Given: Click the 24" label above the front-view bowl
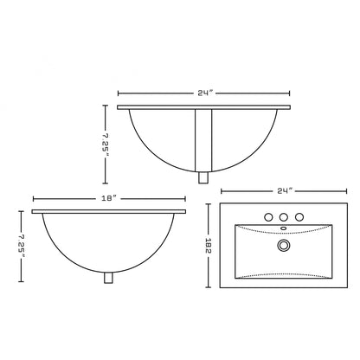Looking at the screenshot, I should pos(204,92).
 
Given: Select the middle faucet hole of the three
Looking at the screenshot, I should pos(282,216).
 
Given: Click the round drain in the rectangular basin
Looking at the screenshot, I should pos(282,246).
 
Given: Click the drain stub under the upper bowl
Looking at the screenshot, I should pos(204,178).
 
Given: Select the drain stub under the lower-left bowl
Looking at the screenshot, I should pos(108,278).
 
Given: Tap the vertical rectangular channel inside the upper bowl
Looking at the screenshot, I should pos(204,138).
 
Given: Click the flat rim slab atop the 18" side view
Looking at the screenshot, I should pos(108,211).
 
